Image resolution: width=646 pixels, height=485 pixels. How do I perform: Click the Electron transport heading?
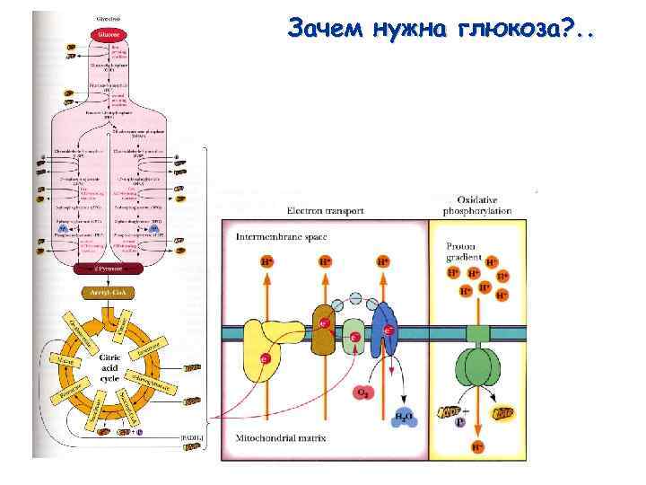click(325, 211)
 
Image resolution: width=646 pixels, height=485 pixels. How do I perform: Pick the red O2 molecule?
click(363, 393)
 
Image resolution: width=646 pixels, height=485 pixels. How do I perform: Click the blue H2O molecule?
click(405, 417)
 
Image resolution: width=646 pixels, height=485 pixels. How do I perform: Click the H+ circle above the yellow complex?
click(266, 263)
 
